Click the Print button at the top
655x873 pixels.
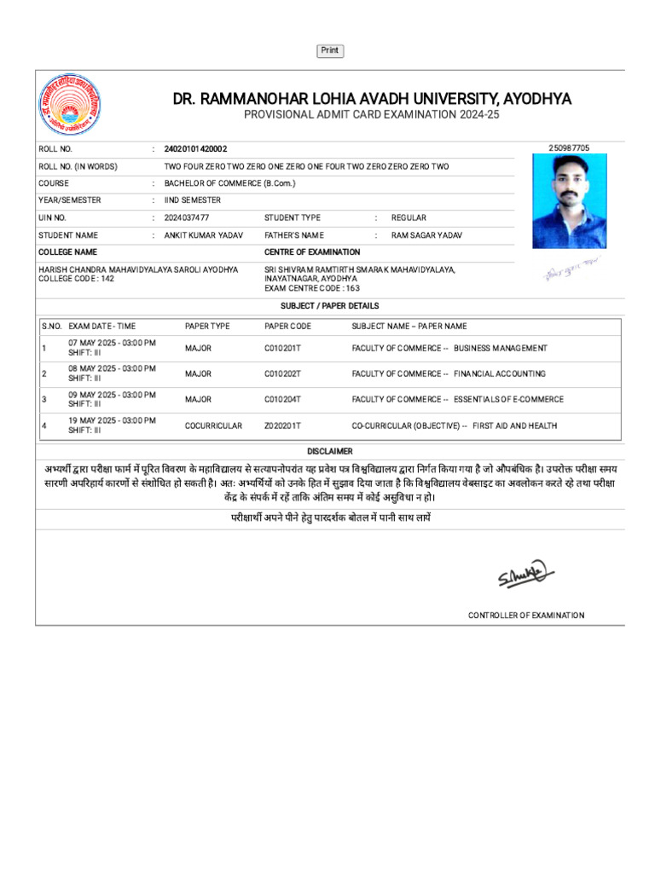(330, 51)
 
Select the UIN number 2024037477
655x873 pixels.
(187, 218)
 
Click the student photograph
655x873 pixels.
(570, 201)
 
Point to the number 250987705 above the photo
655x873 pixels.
(569, 148)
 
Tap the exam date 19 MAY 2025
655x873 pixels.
(112, 420)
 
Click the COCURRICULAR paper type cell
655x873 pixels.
(213, 425)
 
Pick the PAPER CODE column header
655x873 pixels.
(287, 327)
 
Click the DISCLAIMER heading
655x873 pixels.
(330, 451)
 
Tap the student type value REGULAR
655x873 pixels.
(409, 218)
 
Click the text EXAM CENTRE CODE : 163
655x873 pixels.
(312, 288)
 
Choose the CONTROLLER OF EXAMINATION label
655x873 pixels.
(526, 616)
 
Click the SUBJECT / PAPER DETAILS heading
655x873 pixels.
(330, 306)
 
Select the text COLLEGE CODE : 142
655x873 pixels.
(76, 279)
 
